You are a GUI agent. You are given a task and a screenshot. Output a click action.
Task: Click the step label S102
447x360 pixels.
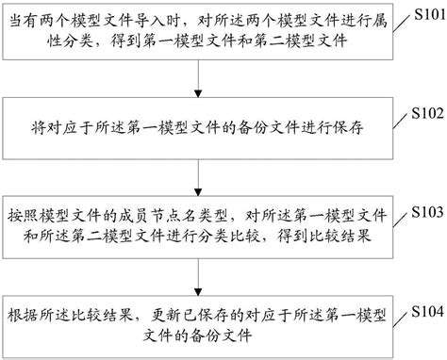421,113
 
